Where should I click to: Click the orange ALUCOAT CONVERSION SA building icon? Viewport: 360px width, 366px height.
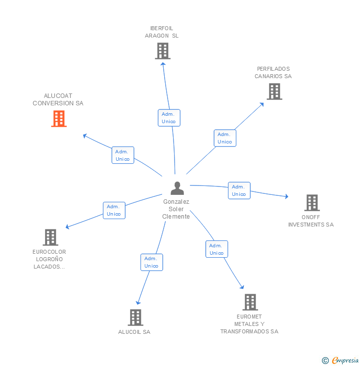[59, 119]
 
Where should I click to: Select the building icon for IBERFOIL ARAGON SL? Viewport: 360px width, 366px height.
[162, 51]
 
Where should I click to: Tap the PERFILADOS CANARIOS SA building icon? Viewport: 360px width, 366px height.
[274, 91]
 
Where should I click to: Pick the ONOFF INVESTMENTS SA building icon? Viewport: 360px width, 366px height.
[312, 203]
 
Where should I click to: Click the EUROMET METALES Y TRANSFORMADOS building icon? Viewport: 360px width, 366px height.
[250, 302]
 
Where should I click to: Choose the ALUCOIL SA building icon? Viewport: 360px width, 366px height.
[135, 318]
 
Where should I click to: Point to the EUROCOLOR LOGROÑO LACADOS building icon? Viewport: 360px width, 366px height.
[50, 237]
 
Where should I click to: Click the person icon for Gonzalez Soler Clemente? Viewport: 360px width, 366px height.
[177, 188]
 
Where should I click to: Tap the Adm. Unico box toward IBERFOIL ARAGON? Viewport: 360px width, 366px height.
[169, 118]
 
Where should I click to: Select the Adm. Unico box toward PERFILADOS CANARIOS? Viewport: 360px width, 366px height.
[225, 138]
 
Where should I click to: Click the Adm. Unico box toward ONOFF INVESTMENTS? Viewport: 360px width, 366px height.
[239, 190]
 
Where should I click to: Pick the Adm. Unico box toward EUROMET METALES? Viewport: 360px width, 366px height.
[217, 249]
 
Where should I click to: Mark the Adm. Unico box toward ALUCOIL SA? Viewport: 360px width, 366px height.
[151, 262]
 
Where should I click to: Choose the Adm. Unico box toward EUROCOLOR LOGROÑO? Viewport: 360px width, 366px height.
[114, 210]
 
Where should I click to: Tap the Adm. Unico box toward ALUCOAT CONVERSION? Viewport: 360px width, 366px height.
[123, 155]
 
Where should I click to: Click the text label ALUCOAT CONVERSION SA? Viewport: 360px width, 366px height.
[58, 100]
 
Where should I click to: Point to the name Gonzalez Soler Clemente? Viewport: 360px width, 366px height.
[177, 209]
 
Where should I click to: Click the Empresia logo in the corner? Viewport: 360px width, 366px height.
[341, 361]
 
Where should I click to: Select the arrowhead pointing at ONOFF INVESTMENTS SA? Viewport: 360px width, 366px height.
[286, 197]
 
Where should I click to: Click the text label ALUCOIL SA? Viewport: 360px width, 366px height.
[134, 332]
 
